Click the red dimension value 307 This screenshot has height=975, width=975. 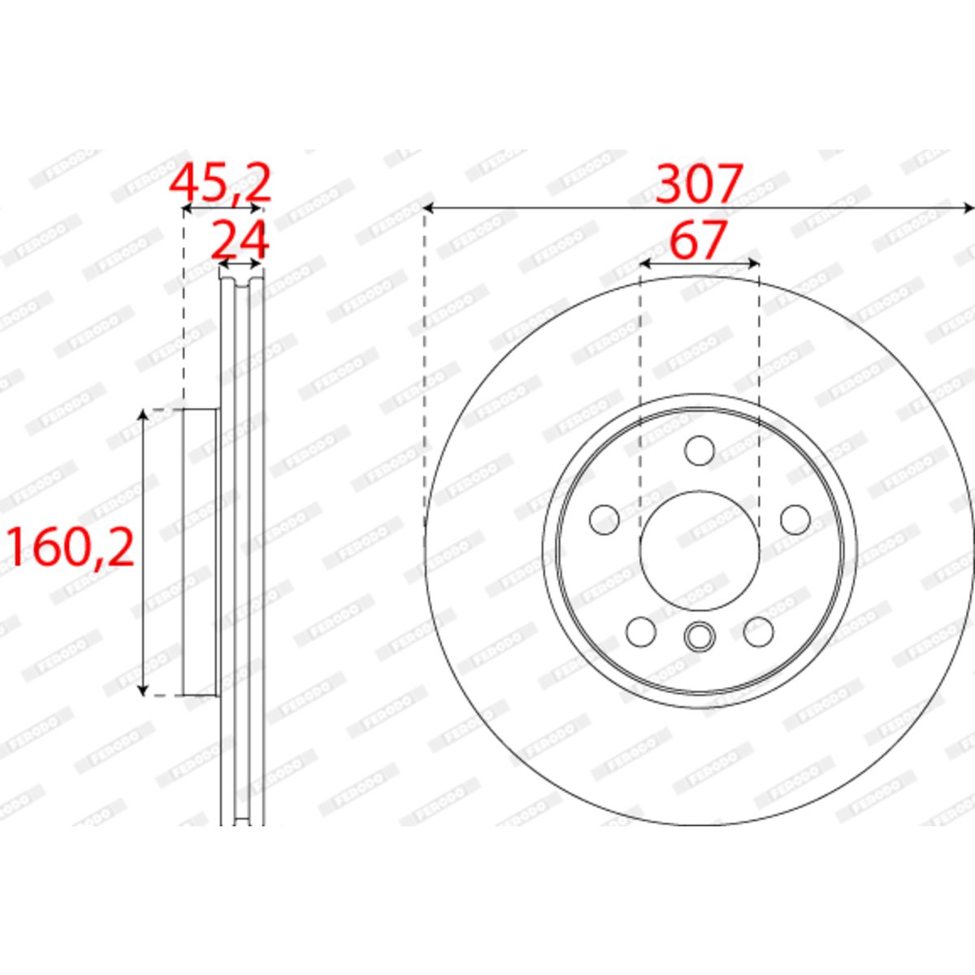[699, 183]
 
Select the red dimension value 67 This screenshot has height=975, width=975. [699, 240]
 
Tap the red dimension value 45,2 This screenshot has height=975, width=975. [221, 183]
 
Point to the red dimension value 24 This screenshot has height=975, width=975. [239, 240]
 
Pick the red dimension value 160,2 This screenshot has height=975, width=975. [71, 547]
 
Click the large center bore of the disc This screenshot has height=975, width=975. [700, 550]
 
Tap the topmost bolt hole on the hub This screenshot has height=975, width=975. [700, 450]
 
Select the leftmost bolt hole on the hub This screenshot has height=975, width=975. [604, 519]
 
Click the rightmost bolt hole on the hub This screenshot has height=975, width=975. [795, 519]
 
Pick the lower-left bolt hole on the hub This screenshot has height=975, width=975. [641, 631]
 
